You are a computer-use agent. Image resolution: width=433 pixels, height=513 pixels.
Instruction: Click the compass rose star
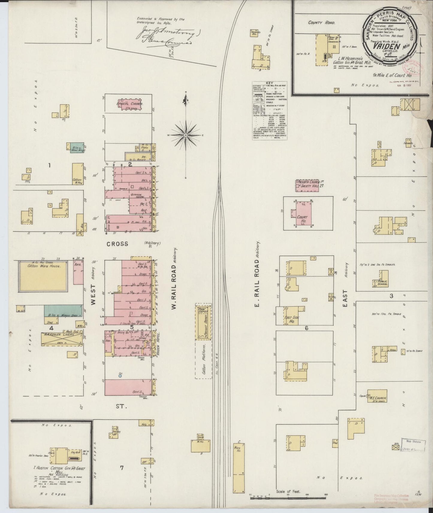coord(186,135)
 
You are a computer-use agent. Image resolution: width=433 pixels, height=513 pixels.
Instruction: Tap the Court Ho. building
coord(303,213)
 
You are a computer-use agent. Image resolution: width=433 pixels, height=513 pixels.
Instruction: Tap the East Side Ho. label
coord(290,319)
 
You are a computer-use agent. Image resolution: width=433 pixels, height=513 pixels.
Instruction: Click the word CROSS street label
coord(117,244)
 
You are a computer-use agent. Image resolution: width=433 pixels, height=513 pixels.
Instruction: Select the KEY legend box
coord(269,110)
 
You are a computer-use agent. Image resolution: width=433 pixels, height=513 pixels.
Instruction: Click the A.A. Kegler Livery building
coord(62,338)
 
